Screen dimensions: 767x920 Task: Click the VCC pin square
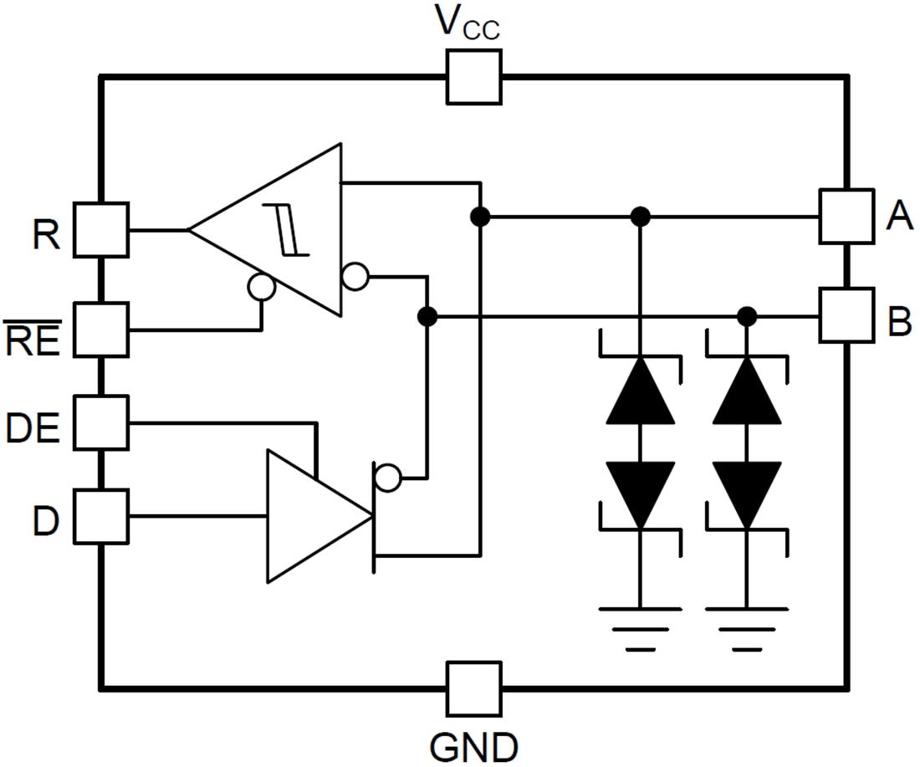(474, 77)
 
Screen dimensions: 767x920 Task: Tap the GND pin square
(474, 689)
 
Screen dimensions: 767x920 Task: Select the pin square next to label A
(846, 217)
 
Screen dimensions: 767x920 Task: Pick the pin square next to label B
(846, 315)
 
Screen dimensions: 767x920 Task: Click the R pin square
(101, 229)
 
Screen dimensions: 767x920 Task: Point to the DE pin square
(101, 423)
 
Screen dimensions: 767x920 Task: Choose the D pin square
(101, 516)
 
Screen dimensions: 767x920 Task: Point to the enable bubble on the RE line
(262, 287)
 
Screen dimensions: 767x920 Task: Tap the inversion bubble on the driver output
(386, 478)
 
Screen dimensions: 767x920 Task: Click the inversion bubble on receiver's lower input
(355, 276)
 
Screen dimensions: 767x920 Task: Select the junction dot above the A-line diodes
(640, 217)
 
